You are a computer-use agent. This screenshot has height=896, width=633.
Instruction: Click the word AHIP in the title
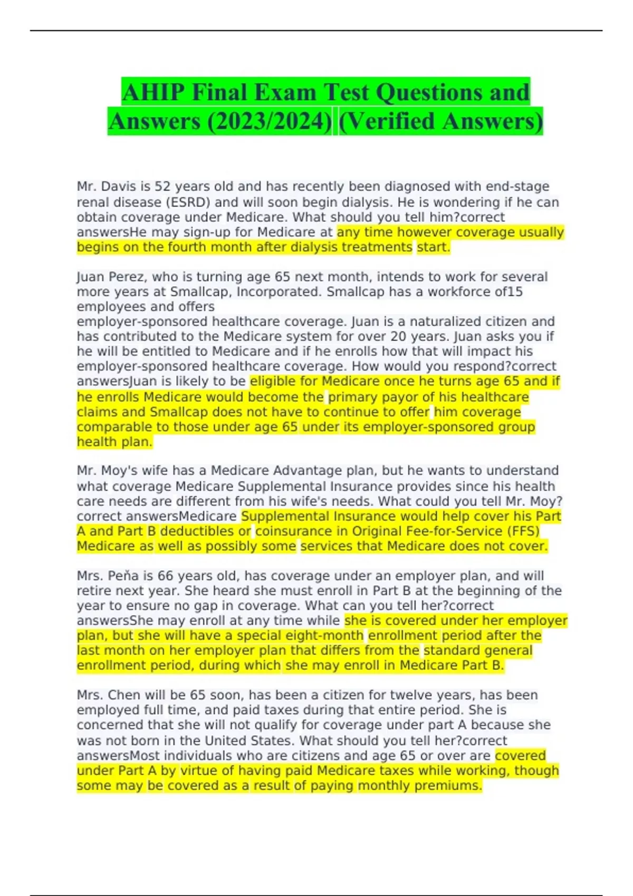(152, 93)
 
